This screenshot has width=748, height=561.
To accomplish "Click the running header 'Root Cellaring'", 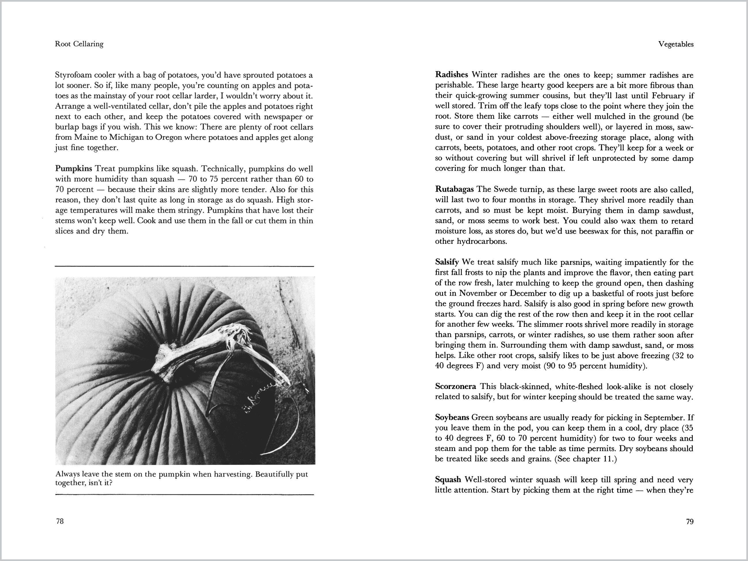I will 79,44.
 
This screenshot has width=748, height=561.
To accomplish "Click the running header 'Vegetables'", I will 676,44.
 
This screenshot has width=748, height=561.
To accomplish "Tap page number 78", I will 60,521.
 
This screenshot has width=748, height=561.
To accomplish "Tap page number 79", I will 690,521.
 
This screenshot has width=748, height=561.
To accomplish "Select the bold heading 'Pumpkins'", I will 73,168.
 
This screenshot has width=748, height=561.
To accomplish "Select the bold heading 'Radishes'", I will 451,75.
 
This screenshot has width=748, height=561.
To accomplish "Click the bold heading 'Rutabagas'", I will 454,189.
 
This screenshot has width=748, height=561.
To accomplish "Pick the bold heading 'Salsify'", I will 447,262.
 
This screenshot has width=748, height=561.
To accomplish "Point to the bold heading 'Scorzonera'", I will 455,386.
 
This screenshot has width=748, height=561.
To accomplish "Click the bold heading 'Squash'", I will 448,480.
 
